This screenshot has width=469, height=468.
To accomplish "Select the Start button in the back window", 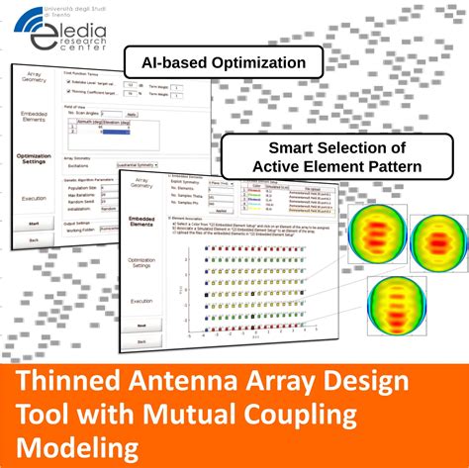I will point(35,224).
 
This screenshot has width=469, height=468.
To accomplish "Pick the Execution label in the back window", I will point(35,199).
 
